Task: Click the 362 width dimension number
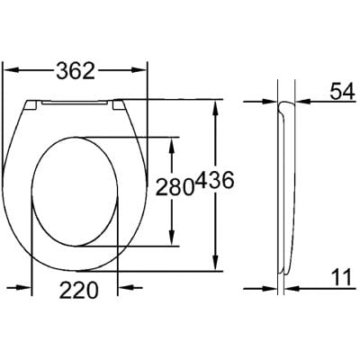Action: click(75, 68)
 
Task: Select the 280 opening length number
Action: click(175, 188)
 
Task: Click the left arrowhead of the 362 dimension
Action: click(11, 68)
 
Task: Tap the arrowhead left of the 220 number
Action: click(39, 290)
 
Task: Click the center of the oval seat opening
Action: click(76, 191)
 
